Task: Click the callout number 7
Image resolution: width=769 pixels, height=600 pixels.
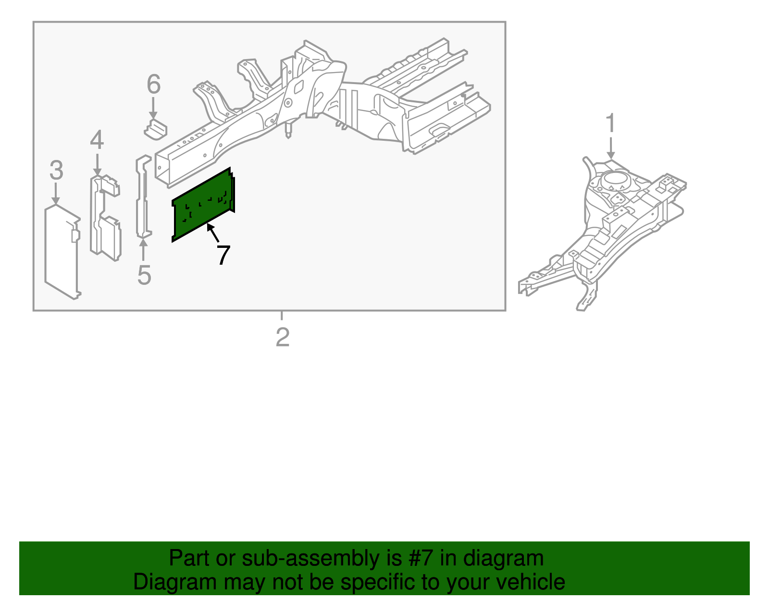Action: coord(223,255)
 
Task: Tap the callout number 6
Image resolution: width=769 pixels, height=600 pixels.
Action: coord(153,85)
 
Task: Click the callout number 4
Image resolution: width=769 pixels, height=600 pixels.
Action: coord(97,140)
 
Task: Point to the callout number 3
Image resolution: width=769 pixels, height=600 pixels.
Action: coord(56,171)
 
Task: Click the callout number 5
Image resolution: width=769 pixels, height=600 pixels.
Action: coord(144,275)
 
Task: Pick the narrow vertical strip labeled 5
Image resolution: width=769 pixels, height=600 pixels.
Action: coord(142,197)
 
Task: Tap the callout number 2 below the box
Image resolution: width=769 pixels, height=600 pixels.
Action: coord(283,337)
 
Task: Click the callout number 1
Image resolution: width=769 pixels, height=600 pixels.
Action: coord(610,123)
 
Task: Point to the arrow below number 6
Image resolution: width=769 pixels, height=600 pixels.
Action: coord(153,108)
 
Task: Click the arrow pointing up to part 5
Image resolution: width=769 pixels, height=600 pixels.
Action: coord(143,250)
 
